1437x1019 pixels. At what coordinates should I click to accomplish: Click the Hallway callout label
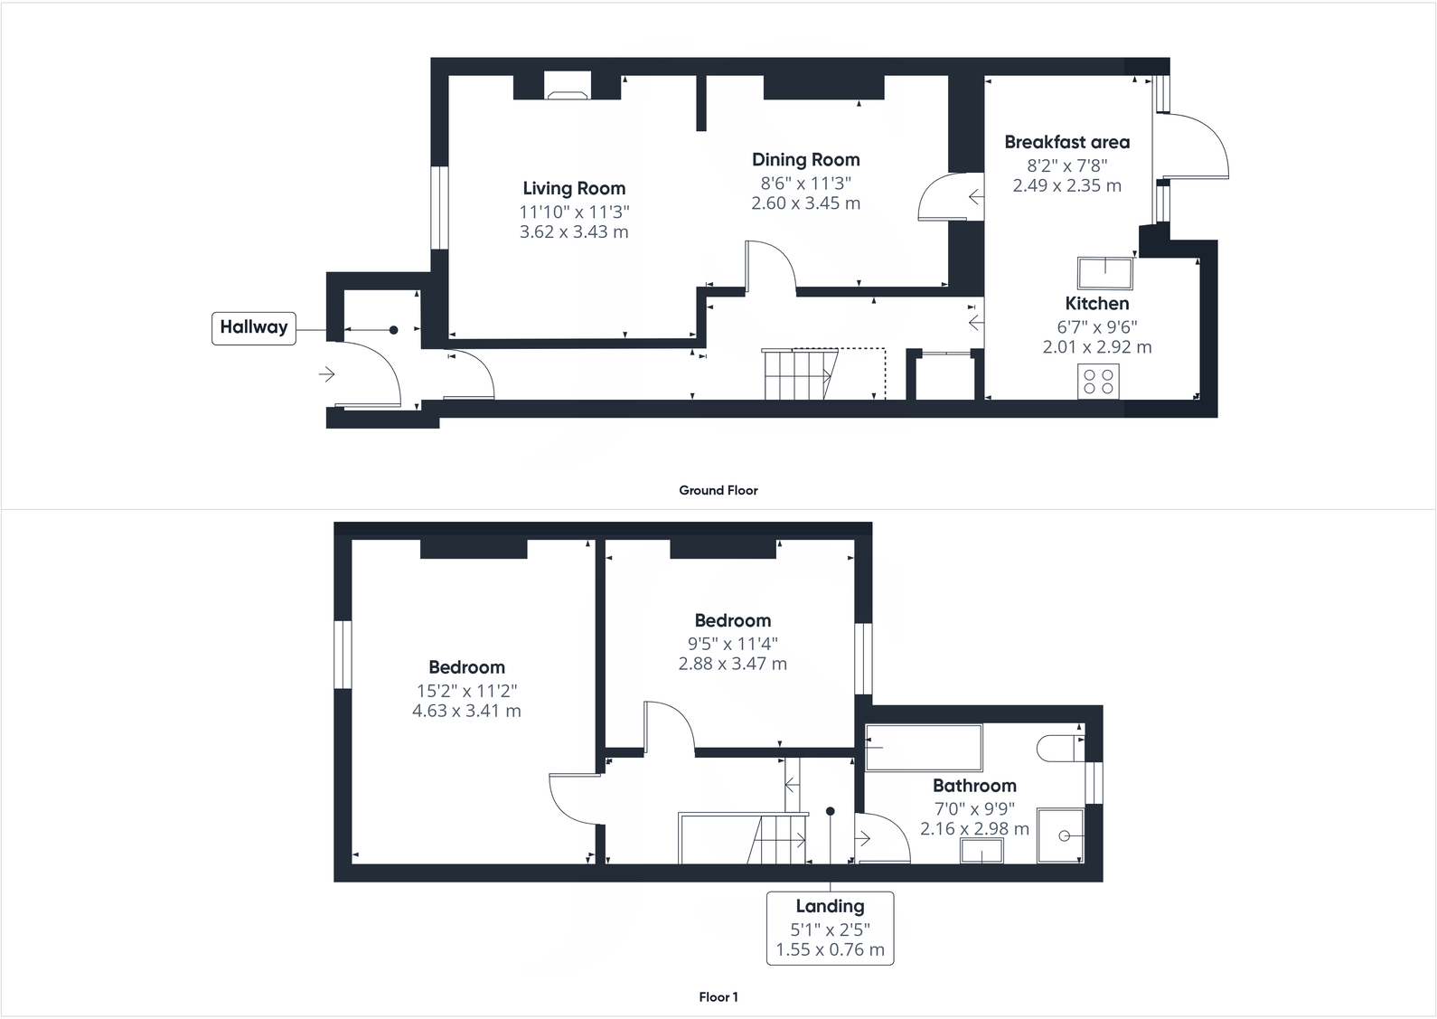click(x=254, y=327)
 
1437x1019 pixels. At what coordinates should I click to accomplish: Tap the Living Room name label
click(x=574, y=188)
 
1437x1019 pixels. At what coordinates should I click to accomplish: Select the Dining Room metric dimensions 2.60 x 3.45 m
click(x=805, y=203)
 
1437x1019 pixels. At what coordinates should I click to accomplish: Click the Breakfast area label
click(x=1066, y=142)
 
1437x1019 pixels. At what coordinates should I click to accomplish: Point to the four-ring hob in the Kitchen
click(x=1098, y=381)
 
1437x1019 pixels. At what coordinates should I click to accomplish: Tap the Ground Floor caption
click(x=718, y=490)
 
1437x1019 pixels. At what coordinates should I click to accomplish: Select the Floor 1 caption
click(x=718, y=997)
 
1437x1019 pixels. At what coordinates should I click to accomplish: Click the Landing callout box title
click(x=830, y=906)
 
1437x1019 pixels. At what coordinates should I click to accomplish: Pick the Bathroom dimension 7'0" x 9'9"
click(x=974, y=808)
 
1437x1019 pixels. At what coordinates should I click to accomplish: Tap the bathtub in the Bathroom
click(x=924, y=747)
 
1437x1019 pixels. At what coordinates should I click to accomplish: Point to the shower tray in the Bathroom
click(x=1060, y=836)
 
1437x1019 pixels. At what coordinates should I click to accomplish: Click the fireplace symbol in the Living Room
click(x=568, y=87)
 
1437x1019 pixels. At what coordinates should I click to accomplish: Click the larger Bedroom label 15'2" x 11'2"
click(x=466, y=690)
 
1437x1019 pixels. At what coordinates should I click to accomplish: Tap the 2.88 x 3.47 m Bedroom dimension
click(x=732, y=664)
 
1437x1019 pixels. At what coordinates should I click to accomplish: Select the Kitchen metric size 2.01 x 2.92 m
click(x=1096, y=347)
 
